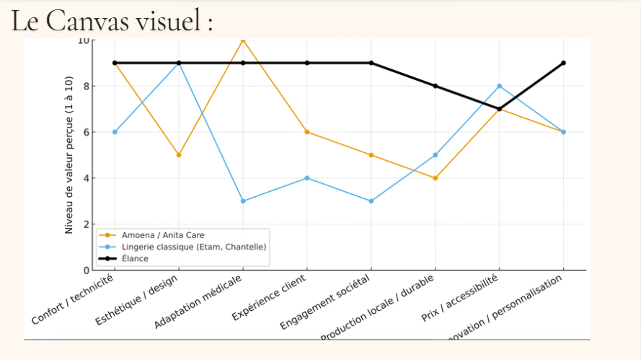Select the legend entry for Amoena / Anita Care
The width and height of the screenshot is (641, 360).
click(162, 235)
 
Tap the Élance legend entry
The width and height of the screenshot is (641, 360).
click(135, 258)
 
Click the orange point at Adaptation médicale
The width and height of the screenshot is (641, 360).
click(243, 40)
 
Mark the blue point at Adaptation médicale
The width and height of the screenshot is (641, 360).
click(243, 201)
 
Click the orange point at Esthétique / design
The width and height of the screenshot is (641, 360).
click(179, 155)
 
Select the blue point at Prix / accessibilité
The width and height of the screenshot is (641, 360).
click(499, 86)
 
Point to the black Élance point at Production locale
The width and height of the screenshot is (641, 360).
click(435, 86)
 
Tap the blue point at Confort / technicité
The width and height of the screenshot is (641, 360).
click(115, 132)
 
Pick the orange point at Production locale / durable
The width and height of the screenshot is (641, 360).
click(435, 178)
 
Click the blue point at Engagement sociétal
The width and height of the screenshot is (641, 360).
click(371, 201)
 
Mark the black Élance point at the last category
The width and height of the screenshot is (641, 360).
click(563, 63)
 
